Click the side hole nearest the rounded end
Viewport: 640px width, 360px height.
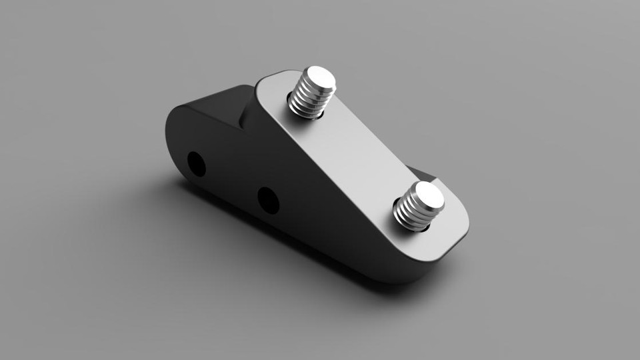pos(196,163)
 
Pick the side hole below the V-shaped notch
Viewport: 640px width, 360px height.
pos(268,200)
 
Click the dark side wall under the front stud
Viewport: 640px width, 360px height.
pos(373,247)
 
